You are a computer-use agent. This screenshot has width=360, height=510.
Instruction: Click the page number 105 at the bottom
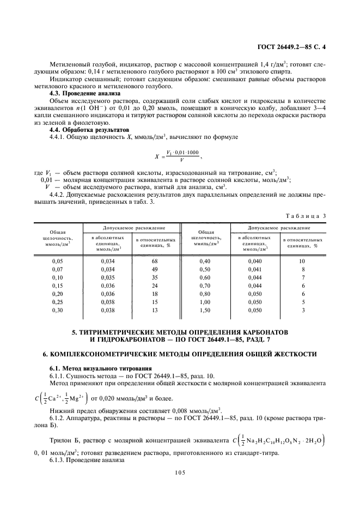180,472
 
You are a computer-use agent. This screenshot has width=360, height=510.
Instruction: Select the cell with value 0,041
255,269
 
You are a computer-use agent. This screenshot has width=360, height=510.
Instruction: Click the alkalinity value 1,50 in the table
205,309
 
